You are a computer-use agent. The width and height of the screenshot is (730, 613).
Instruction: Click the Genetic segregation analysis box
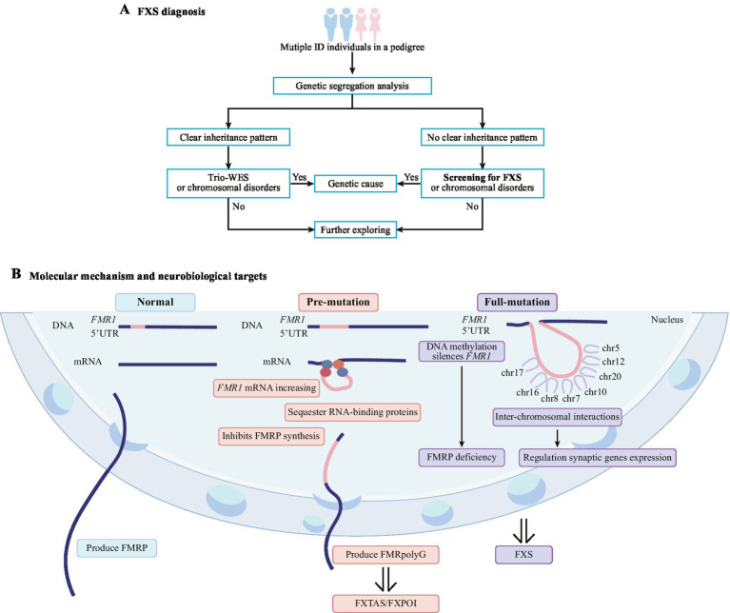coord(352,86)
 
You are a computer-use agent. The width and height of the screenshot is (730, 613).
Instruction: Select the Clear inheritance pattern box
coord(228,137)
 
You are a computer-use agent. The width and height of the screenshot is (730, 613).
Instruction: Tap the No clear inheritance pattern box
coord(483,137)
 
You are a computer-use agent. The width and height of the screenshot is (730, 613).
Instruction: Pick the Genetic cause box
coord(355,184)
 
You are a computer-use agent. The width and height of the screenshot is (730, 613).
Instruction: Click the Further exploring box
coord(355,230)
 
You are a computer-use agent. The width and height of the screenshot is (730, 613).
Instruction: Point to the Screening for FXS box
coord(483,183)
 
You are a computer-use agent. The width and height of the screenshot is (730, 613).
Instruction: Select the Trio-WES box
coord(228,183)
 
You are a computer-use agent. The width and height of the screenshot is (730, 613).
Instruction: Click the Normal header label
coord(155,302)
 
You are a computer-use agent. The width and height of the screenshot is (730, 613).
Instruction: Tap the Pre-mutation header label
coord(338,302)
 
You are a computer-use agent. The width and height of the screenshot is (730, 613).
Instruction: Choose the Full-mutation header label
coord(517,302)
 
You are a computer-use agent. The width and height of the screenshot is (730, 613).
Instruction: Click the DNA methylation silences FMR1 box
coord(462,351)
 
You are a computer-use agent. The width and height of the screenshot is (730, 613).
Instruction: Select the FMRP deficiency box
coord(462,457)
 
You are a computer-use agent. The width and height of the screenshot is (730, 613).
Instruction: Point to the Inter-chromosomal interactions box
coord(558,417)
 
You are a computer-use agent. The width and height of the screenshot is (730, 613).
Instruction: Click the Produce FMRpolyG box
coord(385,555)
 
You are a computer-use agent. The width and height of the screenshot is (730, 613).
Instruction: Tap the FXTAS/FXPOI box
coord(385,603)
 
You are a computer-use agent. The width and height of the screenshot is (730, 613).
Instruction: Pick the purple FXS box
coord(523,555)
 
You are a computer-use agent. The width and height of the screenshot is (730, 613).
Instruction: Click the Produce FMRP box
coord(116,548)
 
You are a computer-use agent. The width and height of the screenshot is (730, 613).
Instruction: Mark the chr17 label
coord(512,373)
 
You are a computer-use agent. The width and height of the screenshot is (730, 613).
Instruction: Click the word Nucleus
coord(666,320)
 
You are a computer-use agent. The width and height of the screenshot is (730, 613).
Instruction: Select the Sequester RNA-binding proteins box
coord(352,412)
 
